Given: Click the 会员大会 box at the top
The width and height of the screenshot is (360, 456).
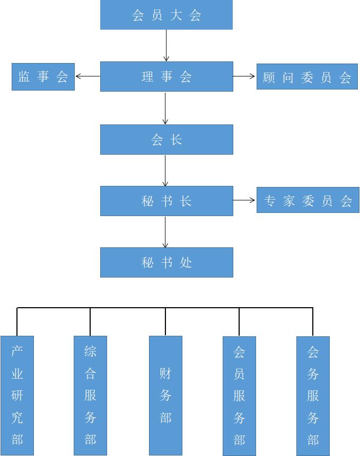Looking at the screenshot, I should (x=166, y=15).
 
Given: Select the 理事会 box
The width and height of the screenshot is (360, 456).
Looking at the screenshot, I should (x=166, y=76).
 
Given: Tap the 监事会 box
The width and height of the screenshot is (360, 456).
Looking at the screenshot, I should (x=43, y=77).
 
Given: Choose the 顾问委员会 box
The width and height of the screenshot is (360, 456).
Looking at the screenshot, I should (x=307, y=77).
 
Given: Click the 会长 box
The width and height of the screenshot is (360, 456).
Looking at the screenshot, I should (x=166, y=140).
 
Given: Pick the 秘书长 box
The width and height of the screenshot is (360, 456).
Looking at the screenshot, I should (x=166, y=201).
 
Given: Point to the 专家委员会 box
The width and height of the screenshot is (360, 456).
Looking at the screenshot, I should (x=308, y=201).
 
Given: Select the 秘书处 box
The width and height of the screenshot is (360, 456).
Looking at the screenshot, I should (x=166, y=263).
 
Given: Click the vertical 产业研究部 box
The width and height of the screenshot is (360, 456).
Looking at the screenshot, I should (x=17, y=395).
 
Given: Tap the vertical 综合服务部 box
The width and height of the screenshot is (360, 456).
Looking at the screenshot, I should (x=90, y=395).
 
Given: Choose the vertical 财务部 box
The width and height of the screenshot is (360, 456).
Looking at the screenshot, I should (x=165, y=395).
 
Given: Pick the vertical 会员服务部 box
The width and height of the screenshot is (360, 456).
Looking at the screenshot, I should (x=239, y=395).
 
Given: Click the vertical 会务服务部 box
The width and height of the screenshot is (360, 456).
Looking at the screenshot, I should (x=313, y=395).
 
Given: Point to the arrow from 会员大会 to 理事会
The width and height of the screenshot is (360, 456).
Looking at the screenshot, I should (x=166, y=46).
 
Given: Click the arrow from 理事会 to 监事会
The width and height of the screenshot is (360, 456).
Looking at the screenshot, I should (x=87, y=76).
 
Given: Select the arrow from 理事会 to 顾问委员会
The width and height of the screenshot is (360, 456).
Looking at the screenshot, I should (x=244, y=76).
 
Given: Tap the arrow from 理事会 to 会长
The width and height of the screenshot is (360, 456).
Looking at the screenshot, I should (x=166, y=109).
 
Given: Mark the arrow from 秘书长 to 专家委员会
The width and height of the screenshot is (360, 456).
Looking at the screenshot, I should (x=244, y=200).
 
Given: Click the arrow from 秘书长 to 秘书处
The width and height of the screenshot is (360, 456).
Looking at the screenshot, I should (x=165, y=232).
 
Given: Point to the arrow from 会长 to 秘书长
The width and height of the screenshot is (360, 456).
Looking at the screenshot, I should (x=165, y=171).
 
